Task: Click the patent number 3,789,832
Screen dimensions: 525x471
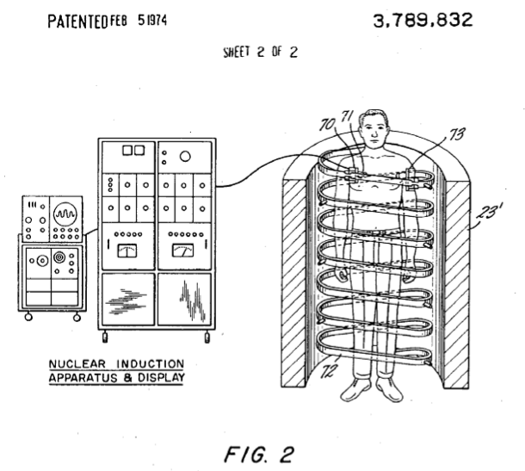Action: pyautogui.click(x=423, y=20)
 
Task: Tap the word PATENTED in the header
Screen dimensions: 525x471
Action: pyautogui.click(x=77, y=22)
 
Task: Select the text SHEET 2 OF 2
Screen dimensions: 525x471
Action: pyautogui.click(x=260, y=52)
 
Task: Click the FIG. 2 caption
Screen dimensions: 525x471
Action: pyautogui.click(x=259, y=455)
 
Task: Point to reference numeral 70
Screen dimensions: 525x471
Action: pyautogui.click(x=327, y=125)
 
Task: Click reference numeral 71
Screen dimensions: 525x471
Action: pyautogui.click(x=347, y=116)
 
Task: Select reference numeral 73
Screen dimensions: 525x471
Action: pyautogui.click(x=457, y=133)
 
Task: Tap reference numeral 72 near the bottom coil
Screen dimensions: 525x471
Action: pyautogui.click(x=329, y=370)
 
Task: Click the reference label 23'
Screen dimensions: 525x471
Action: pyautogui.click(x=490, y=211)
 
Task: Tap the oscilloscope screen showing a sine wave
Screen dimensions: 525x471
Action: pyautogui.click(x=65, y=214)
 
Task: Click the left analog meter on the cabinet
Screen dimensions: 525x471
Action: pyautogui.click(x=127, y=251)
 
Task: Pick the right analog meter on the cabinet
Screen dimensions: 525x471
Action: pyautogui.click(x=182, y=251)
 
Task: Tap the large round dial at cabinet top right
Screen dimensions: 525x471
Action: pyautogui.click(x=185, y=156)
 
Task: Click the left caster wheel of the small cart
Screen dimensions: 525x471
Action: pyautogui.click(x=28, y=317)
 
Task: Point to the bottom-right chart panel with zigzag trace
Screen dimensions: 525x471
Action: pyautogui.click(x=184, y=300)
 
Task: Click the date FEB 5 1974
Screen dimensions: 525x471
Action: pyautogui.click(x=139, y=21)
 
